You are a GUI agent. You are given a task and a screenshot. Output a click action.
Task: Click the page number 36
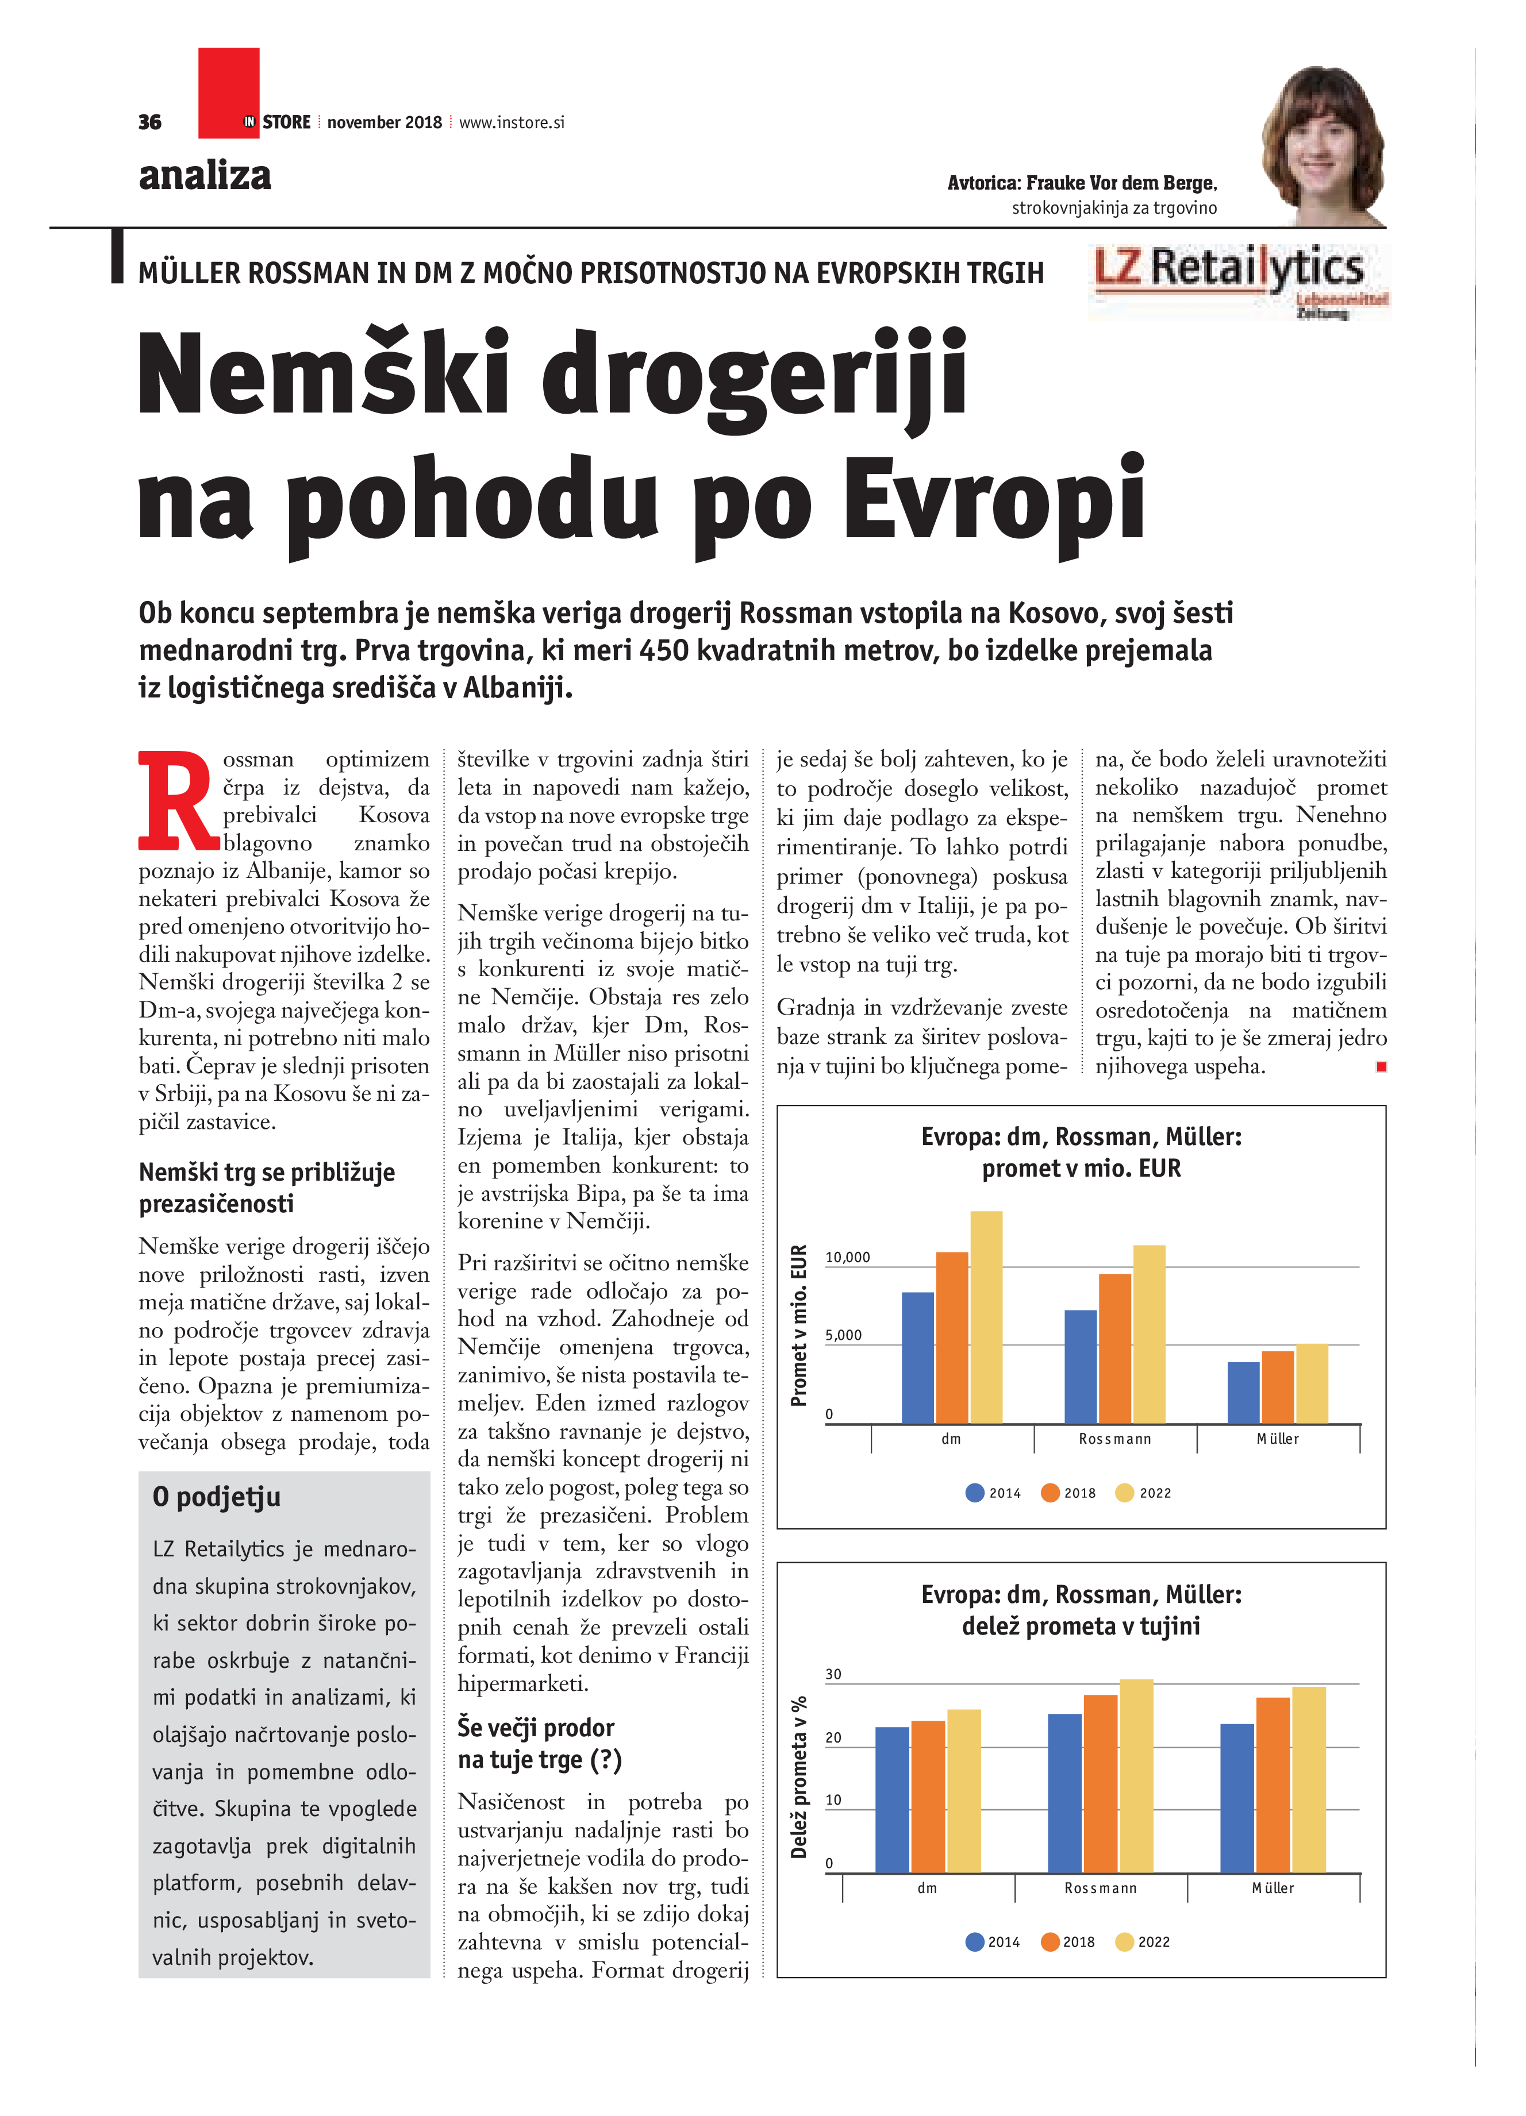click(x=149, y=122)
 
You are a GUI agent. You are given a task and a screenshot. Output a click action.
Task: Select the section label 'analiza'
click(x=205, y=175)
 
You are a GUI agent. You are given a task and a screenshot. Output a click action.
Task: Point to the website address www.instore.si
click(x=512, y=122)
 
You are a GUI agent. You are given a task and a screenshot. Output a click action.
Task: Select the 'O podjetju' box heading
click(x=217, y=1497)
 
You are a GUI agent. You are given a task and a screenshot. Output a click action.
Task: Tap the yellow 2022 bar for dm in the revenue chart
click(x=986, y=1316)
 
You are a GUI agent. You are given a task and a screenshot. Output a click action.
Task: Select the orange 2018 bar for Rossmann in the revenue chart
click(x=1114, y=1348)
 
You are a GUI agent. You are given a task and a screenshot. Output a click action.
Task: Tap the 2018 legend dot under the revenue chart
click(x=1050, y=1493)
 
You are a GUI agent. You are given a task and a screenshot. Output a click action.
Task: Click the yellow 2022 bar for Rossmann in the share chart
click(x=1136, y=1775)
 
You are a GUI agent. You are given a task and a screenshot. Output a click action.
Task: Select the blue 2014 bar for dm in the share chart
click(x=891, y=1799)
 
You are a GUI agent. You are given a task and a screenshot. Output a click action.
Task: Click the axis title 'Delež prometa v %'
click(x=798, y=1778)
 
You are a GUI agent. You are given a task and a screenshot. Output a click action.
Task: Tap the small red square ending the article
click(x=1381, y=1066)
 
